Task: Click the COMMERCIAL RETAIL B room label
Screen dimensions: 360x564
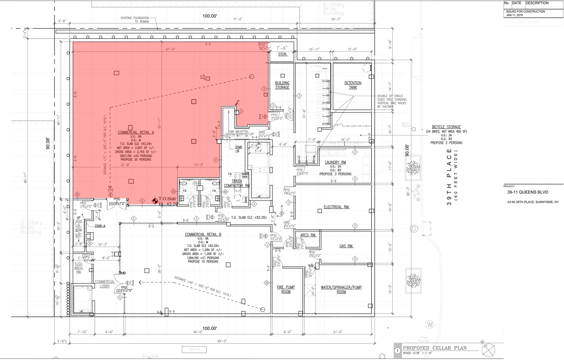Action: click(203, 234)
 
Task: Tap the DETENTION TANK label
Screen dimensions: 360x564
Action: click(353, 85)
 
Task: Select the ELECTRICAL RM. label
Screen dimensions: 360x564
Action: click(337, 207)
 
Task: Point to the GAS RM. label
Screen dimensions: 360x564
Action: click(346, 246)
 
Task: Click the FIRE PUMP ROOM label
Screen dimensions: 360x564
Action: click(286, 289)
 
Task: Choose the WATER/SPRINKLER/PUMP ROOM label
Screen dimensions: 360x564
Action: click(341, 290)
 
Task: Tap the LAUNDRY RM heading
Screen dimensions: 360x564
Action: click(335, 162)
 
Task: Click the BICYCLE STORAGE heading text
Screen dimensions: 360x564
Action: click(446, 127)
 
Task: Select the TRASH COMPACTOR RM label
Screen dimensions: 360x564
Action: click(237, 183)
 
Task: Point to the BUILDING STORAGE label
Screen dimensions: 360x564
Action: click(282, 85)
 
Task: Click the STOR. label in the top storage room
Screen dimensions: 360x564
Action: click(283, 54)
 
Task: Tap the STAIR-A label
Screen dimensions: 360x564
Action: click(100, 226)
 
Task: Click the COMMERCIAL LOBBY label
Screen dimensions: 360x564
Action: click(105, 284)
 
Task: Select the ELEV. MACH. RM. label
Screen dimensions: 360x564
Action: click(79, 268)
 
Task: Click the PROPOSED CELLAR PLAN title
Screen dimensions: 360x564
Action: click(435, 348)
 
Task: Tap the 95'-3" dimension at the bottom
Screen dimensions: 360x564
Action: click(222, 341)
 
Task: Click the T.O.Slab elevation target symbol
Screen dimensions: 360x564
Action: click(155, 201)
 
